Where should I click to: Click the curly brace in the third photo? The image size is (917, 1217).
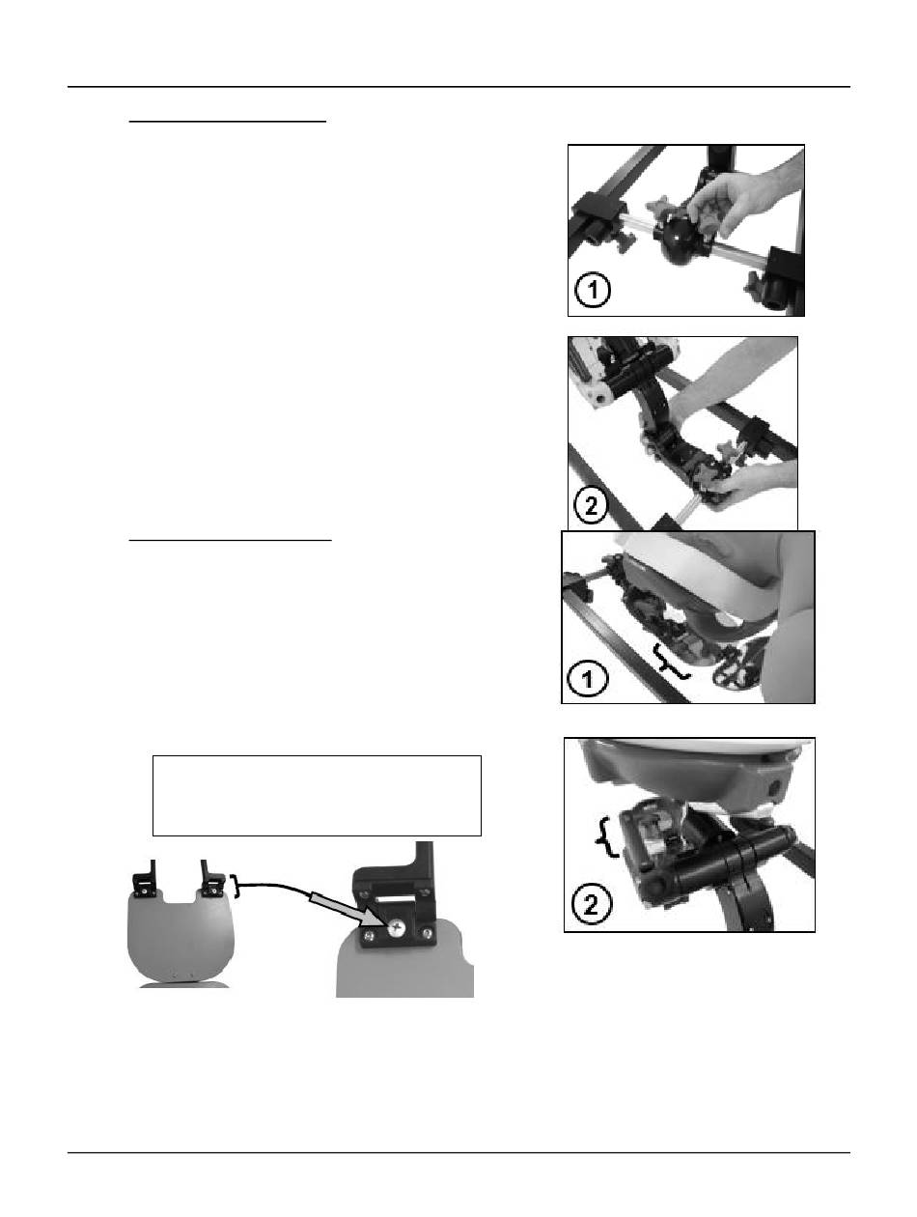(671, 661)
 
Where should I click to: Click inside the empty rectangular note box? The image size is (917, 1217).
(317, 795)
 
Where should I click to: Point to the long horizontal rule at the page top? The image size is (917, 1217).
(458, 87)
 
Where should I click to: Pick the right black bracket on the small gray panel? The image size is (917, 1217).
(211, 879)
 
